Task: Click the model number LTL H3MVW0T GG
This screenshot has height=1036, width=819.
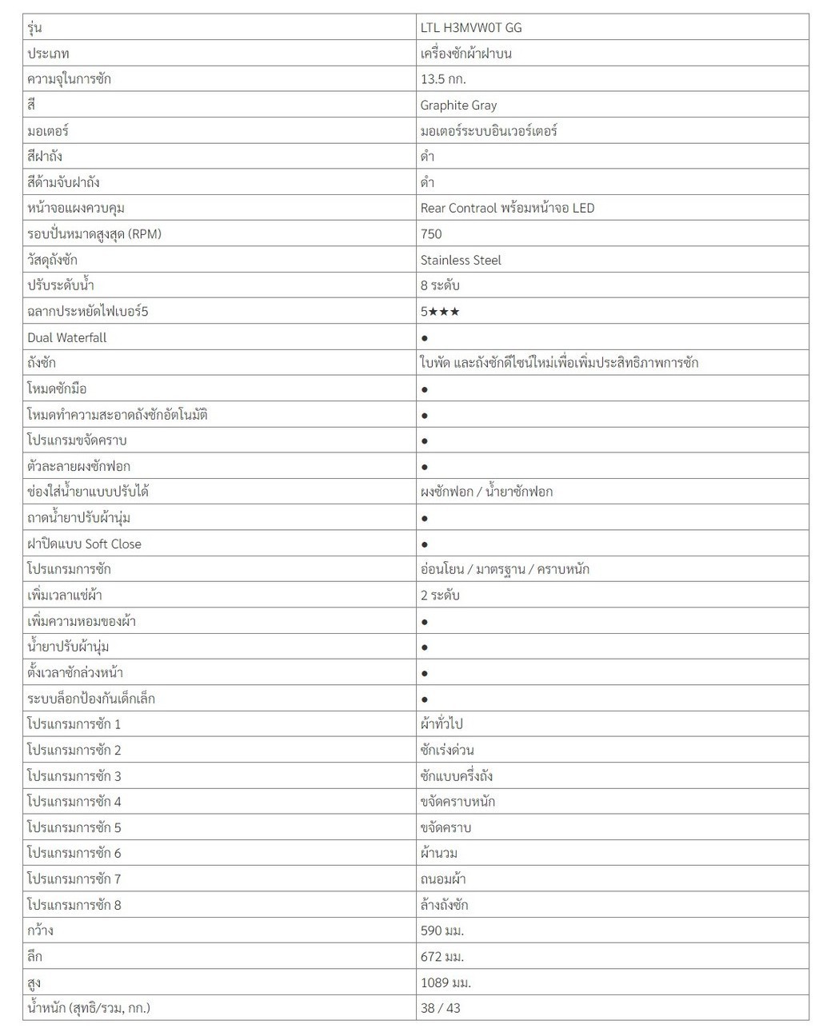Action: [471, 27]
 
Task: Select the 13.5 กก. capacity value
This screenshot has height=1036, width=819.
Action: [443, 79]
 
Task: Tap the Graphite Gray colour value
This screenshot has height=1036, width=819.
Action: [458, 105]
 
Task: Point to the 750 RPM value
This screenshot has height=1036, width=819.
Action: [431, 234]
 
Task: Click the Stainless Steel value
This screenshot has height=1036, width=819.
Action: [461, 260]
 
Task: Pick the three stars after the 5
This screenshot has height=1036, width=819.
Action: [444, 312]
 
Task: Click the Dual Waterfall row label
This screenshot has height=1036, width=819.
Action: [67, 337]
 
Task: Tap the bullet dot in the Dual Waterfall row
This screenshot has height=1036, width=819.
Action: [425, 338]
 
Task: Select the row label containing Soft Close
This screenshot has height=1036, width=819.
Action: [84, 544]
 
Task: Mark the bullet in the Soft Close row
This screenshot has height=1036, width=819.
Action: [425, 544]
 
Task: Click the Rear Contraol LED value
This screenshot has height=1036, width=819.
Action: [507, 208]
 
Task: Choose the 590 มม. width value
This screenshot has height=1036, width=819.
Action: [442, 930]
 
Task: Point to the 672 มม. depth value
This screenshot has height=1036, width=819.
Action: [442, 956]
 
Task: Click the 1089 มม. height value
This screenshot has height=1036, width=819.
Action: [445, 982]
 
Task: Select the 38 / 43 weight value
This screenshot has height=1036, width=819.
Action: [441, 1008]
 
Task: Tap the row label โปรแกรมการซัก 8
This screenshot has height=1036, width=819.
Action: [74, 905]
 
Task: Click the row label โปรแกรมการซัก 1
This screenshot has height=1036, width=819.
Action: [74, 724]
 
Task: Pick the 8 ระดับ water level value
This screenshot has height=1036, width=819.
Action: [440, 285]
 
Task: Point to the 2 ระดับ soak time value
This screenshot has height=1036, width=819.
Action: [440, 595]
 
